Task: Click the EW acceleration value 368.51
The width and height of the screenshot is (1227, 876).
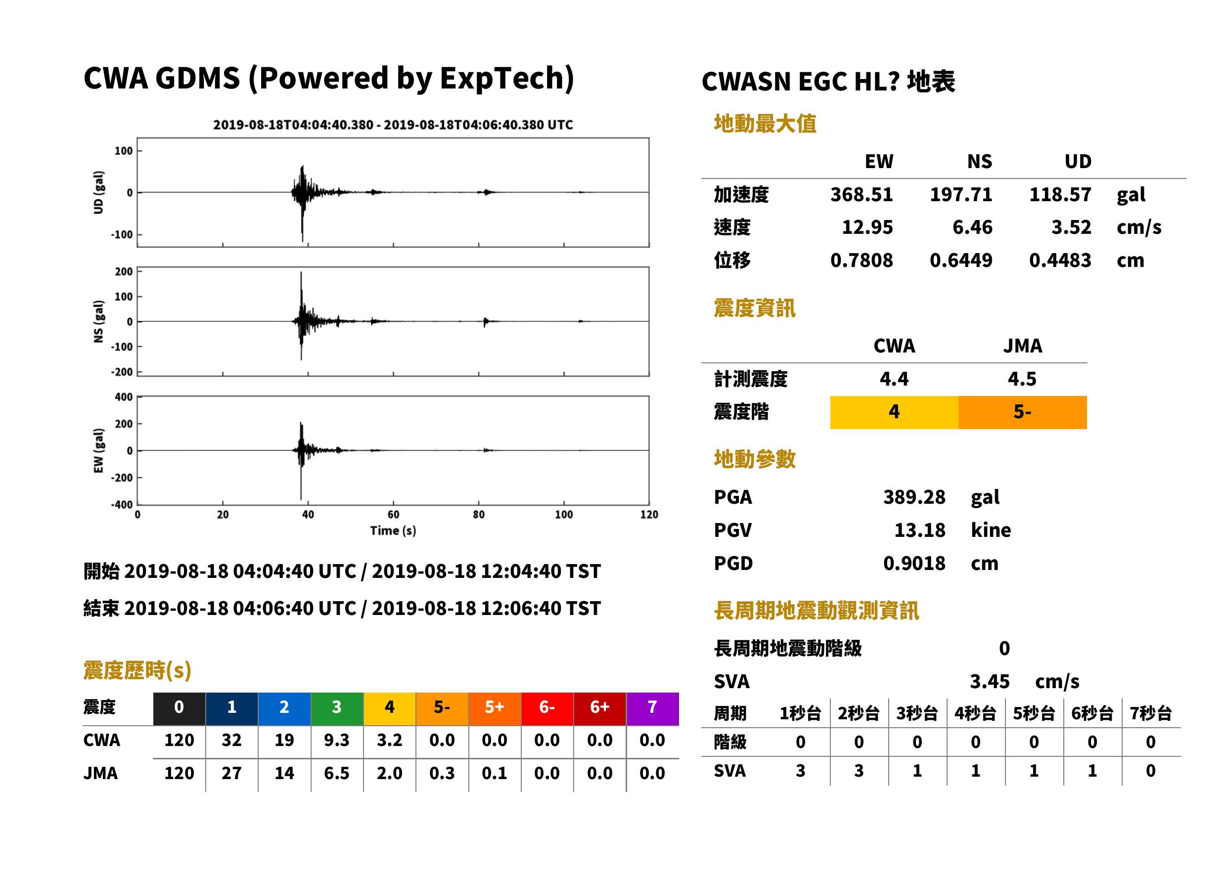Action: point(861,194)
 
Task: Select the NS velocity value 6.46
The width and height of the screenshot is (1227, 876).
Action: point(972,227)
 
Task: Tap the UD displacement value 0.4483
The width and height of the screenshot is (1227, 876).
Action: point(1060,260)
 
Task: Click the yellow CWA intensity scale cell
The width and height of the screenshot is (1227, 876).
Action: point(894,412)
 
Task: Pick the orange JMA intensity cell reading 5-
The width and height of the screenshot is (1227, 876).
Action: point(1023,412)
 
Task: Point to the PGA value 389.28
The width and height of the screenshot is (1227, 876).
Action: point(914,497)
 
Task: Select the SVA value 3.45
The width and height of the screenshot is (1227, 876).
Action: point(990,681)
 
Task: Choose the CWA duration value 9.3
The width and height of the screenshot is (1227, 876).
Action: point(337,740)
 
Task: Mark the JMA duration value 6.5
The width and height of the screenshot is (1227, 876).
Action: point(337,773)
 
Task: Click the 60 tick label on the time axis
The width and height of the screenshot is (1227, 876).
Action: point(393,515)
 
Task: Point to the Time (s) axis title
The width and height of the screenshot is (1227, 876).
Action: point(393,531)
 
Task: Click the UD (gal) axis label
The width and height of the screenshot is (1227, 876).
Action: point(98,193)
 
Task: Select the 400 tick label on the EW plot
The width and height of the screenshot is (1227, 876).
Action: point(124,397)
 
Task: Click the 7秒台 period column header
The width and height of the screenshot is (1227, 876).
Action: point(1150,713)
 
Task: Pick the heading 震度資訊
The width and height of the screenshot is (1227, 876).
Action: point(754,308)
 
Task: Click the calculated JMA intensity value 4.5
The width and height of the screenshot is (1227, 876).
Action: point(1022,379)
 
